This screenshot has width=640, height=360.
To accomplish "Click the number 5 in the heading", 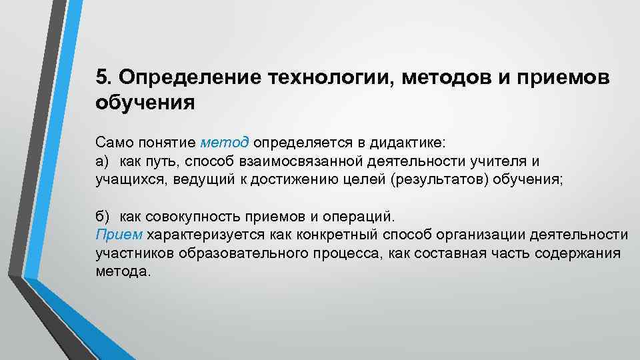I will (x=101, y=77).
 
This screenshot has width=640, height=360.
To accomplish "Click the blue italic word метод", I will (x=224, y=142).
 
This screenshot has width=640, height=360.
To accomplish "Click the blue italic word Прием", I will (x=119, y=235).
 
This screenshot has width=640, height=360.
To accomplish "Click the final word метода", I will (x=123, y=272).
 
